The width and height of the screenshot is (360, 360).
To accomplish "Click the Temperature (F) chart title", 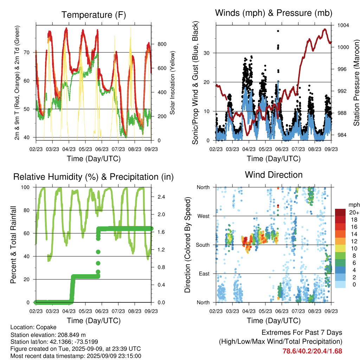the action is coord(94,15).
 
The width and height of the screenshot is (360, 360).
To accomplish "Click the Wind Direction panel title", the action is coord(274,175).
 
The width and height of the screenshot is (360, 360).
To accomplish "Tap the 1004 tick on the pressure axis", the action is coord(343,25).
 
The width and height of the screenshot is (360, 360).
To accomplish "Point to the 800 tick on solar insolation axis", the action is coord(162,44).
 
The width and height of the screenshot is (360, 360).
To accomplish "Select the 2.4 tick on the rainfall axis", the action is coord(161,197).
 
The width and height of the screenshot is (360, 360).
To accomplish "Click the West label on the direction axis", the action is coord(204,216).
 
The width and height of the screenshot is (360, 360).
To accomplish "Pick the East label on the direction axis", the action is coord(204,274).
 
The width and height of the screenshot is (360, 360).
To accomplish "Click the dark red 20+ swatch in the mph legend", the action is coord(340,212).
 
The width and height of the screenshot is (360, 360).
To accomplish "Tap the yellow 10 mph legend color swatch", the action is coord(340,249).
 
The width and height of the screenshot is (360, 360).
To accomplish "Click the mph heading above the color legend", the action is coord(354,205).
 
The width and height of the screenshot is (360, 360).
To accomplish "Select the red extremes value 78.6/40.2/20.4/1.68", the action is coord(312,351).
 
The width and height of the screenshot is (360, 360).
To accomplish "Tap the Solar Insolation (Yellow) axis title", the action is coord(172,83).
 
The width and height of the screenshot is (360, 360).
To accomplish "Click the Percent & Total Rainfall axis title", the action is coord(13,245).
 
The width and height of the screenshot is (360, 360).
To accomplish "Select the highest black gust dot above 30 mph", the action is coord(278,31).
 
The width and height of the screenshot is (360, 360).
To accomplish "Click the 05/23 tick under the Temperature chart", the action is coord(85,149).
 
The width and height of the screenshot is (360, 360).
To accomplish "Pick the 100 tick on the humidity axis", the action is coord(25,187).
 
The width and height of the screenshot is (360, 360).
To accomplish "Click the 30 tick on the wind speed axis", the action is coord(207,53).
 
